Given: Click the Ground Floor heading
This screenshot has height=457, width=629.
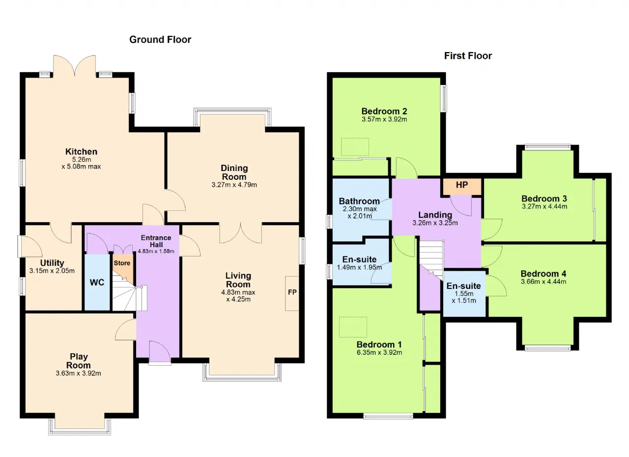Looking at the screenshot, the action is coord(160,40).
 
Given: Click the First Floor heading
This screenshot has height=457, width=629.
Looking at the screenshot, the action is coord(468,56).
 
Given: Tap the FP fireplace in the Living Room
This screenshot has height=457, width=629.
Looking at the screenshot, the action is coord(292,293).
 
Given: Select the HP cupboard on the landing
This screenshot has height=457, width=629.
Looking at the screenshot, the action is coord(462,186).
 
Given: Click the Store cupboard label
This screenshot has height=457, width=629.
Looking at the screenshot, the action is coord(122,263).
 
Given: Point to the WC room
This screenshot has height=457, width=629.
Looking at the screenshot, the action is coord(97,283).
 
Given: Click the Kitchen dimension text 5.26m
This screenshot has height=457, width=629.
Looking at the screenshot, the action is coord(82,160).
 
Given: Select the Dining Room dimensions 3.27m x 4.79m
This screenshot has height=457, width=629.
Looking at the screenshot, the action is coord(234,185).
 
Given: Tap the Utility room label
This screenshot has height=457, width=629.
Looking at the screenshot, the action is coord(52,263).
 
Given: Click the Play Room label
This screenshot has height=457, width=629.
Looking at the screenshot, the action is coord(78,361).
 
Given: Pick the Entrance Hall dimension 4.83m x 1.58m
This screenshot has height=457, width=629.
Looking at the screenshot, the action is coord(156,251).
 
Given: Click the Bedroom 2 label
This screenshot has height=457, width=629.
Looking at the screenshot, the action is coord(384,111).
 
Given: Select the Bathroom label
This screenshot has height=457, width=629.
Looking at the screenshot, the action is coord(359,201).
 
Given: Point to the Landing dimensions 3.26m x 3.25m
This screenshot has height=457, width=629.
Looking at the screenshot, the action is coord(435,223).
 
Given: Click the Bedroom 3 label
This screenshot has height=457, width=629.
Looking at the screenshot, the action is coord(544,199).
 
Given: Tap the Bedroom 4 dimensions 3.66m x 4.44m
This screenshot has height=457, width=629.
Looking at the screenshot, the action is coord(543,282).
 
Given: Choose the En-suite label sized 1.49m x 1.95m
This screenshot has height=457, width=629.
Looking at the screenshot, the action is coord(359,259).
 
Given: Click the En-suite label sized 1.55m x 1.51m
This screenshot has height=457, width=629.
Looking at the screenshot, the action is coord(463,286).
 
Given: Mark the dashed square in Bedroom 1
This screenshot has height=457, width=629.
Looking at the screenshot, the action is coord(353,327).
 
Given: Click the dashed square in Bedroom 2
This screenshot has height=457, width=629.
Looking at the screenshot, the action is coord(355,146).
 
